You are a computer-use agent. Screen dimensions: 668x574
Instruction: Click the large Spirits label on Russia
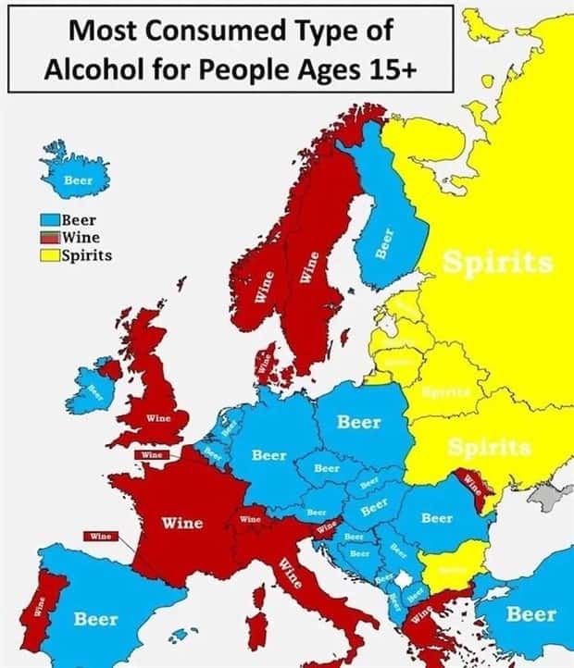[x=499, y=263]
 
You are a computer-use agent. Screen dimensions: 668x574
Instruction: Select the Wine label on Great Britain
[x=158, y=418]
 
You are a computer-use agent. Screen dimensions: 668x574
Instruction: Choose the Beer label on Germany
[x=268, y=455]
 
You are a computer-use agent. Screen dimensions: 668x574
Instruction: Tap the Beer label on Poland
[x=358, y=422]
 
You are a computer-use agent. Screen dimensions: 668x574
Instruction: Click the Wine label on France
[x=182, y=523]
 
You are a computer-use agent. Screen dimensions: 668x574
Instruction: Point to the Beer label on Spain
[x=95, y=618]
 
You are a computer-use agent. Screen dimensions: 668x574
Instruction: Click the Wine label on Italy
[x=291, y=574]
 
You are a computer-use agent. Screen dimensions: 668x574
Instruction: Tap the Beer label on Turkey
[x=532, y=613]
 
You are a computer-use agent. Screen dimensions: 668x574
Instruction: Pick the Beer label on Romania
[x=437, y=518]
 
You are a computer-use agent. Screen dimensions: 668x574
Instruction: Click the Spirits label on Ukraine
[x=489, y=448]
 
